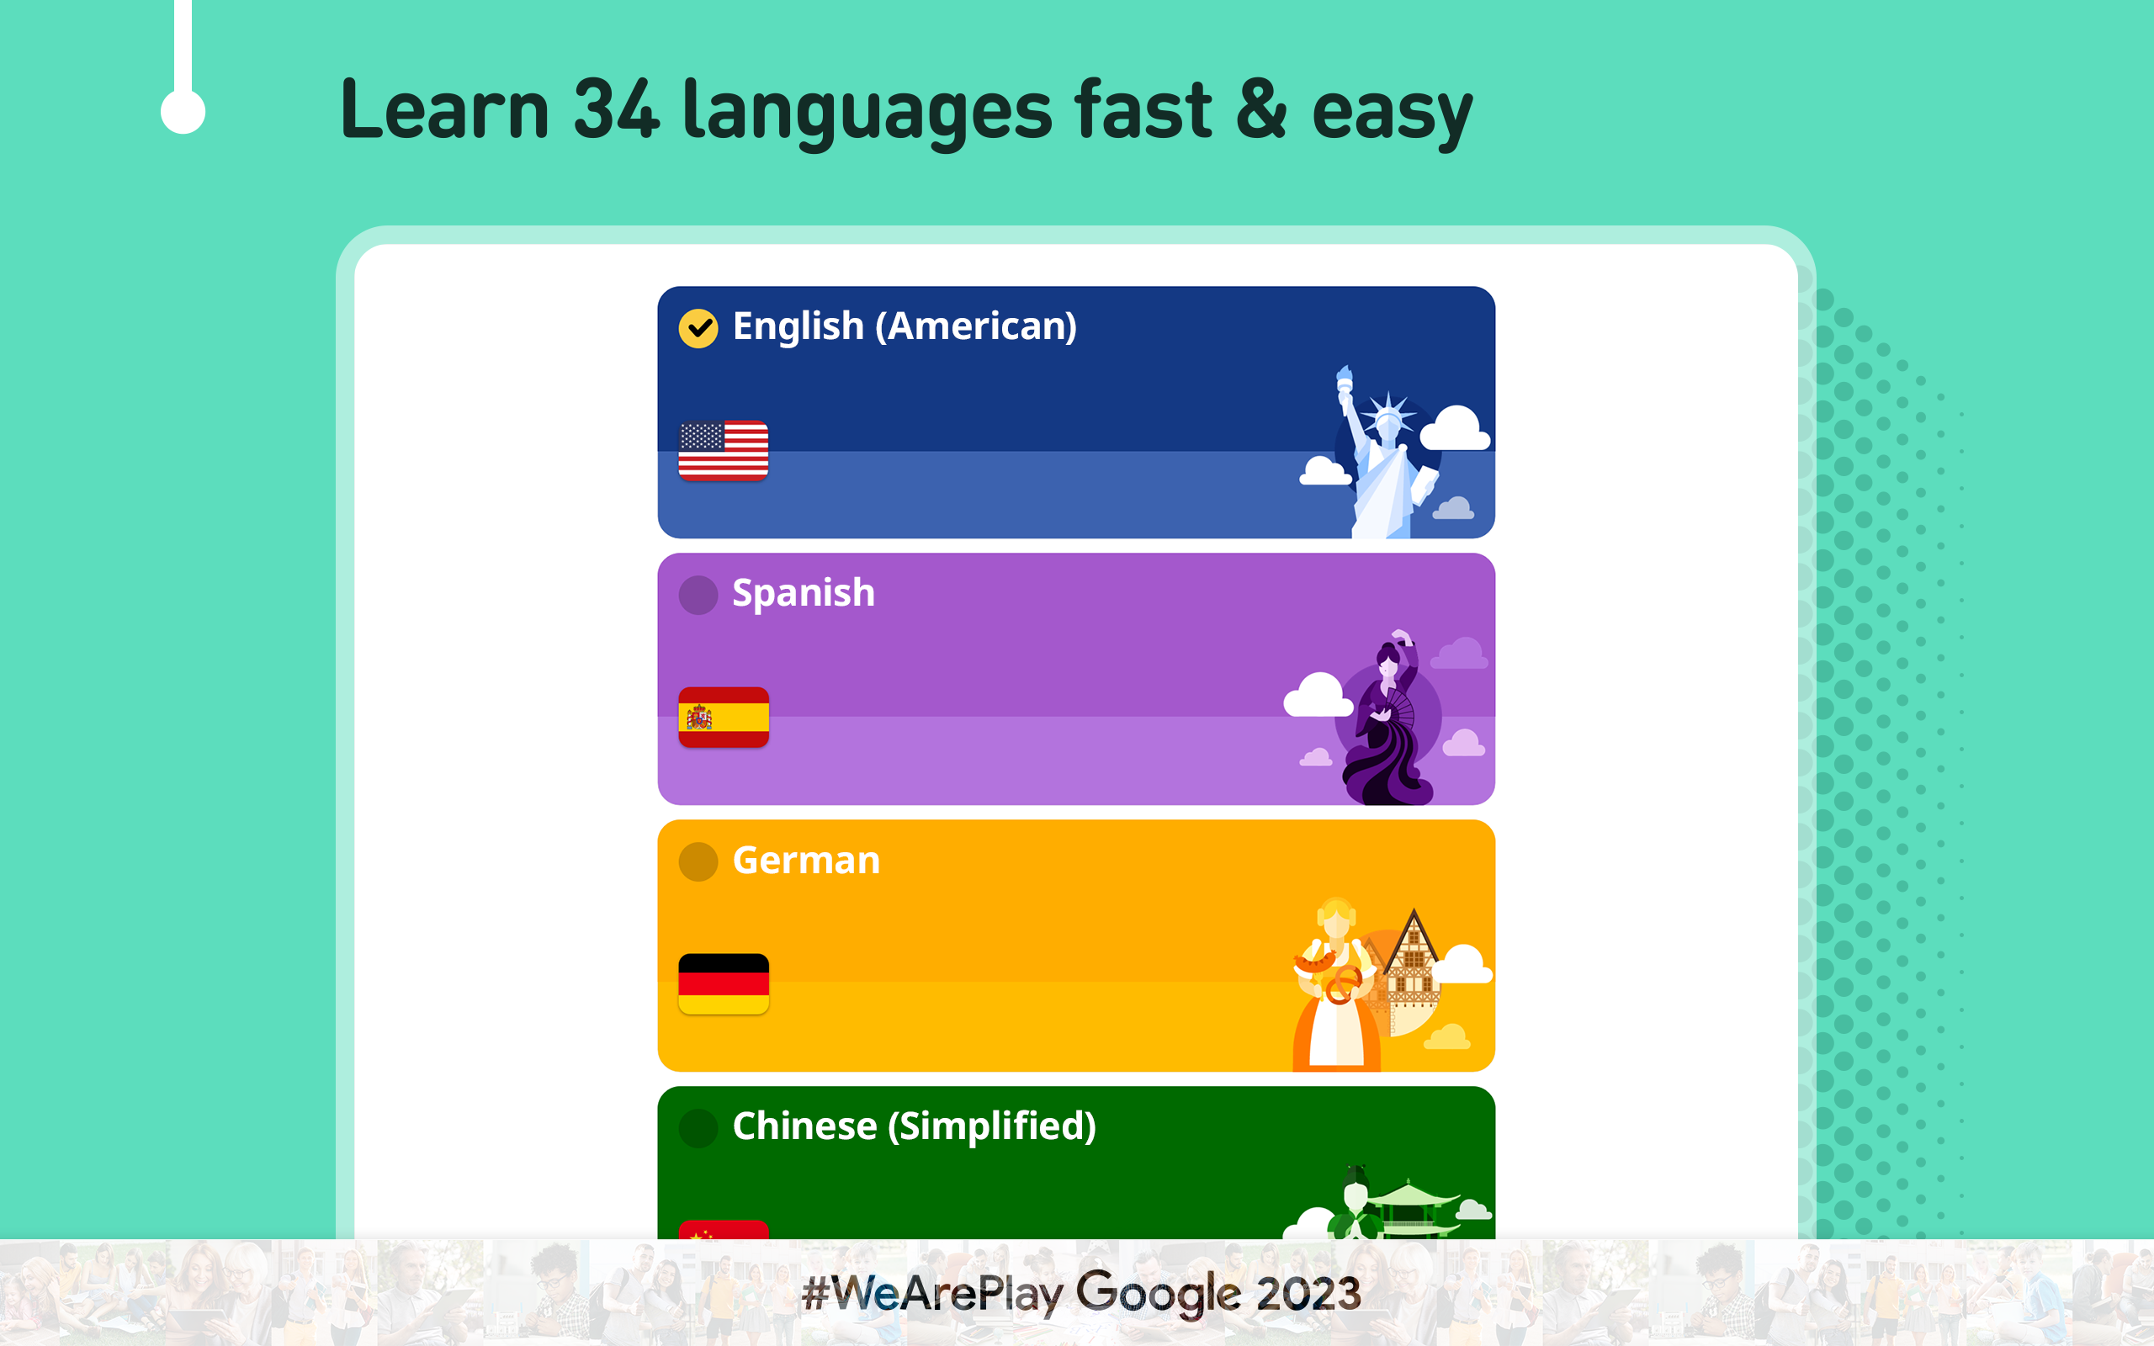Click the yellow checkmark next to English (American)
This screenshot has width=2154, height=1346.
(698, 328)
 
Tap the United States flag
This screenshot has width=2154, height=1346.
(724, 450)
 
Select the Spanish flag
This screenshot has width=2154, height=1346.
(724, 718)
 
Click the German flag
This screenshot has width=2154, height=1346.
(724, 983)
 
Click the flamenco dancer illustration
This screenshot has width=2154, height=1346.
(1388, 718)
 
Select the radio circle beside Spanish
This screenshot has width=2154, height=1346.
(698, 595)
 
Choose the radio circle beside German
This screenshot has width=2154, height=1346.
(698, 861)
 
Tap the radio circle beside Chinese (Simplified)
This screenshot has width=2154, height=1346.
(698, 1128)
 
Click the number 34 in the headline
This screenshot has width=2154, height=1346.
(616, 109)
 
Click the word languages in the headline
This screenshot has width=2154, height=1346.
(867, 112)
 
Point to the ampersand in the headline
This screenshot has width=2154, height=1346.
(1261, 109)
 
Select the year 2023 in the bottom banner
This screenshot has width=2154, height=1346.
(1308, 1294)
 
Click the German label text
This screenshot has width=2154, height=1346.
(806, 860)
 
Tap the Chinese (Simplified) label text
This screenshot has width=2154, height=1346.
(914, 1126)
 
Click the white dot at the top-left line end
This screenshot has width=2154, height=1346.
(183, 112)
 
